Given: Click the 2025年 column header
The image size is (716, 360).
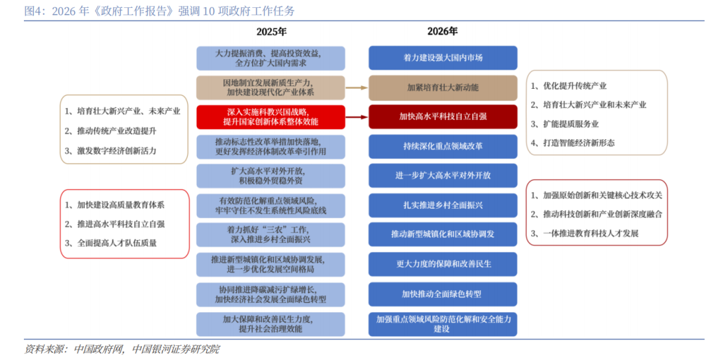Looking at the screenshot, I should (272, 31).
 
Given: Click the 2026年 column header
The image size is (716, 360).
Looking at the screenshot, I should (442, 31).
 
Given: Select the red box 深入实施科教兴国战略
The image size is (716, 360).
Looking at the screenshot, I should (270, 117).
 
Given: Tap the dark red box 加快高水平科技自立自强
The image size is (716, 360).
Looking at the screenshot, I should (443, 116).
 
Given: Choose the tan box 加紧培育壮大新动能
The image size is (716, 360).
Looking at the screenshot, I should (443, 88).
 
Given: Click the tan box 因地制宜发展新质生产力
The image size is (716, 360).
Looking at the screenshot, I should (270, 88).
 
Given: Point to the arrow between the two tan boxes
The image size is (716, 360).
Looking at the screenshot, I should (357, 88).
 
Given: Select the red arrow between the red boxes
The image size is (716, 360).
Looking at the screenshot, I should (357, 117).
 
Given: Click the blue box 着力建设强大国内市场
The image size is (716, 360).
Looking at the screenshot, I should (443, 58).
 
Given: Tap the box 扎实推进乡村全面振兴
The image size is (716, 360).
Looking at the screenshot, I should (443, 205).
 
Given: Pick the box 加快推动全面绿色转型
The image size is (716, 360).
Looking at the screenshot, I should (443, 294).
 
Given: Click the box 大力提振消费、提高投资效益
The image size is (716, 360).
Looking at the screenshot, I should (270, 58).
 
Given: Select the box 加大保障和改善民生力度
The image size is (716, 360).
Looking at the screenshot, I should (270, 324).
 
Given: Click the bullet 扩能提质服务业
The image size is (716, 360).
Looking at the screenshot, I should (571, 124).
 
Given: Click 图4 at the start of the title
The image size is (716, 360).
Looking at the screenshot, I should (31, 11).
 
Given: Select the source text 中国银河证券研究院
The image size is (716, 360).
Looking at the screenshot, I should (176, 349).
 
